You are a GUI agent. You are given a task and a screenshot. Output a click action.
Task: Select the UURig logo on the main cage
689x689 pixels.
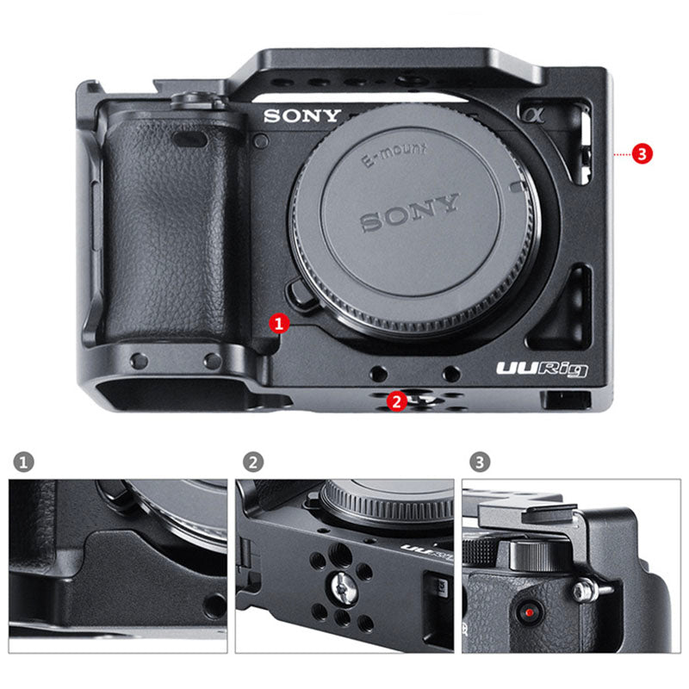click(542, 368)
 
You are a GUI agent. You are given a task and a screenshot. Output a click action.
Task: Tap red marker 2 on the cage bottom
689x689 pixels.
click(396, 400)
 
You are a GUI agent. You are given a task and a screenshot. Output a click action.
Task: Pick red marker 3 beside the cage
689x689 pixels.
click(641, 153)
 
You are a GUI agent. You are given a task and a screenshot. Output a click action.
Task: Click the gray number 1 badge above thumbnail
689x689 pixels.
click(24, 462)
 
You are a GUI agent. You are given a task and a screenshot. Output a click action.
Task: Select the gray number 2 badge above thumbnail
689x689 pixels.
click(251, 462)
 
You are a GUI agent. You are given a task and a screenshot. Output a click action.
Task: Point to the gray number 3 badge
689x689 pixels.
click(480, 462)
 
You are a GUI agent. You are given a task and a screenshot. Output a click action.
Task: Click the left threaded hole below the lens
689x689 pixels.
click(377, 372)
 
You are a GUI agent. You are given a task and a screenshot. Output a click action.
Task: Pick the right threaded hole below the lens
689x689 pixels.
click(450, 372)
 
